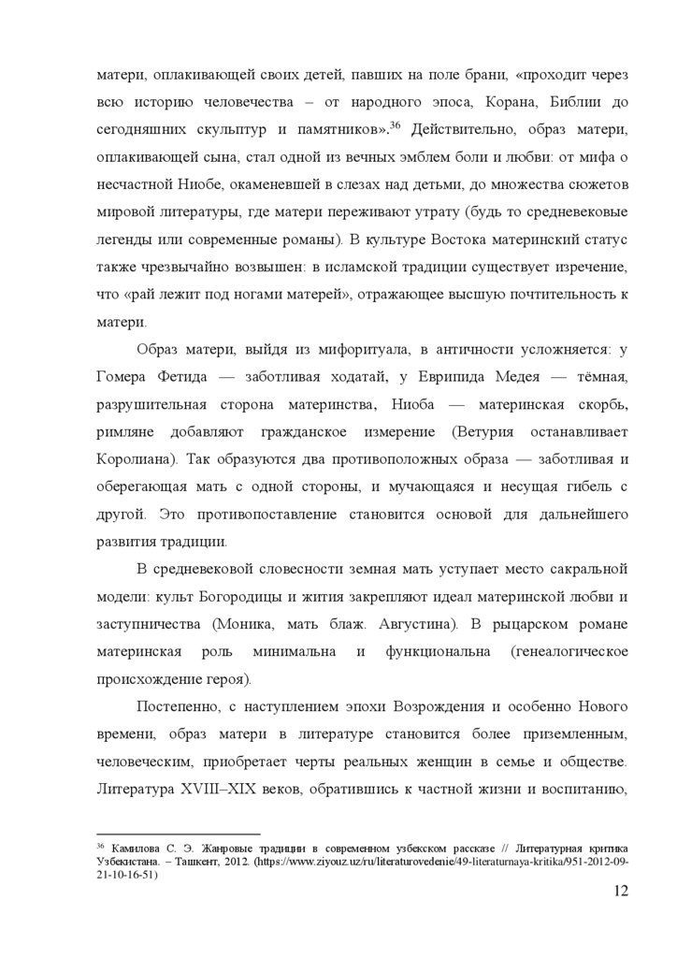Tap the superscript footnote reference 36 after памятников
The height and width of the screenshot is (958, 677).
tap(395, 123)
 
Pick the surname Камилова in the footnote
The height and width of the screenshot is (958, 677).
tap(144, 847)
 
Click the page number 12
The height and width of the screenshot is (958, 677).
tap(616, 892)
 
